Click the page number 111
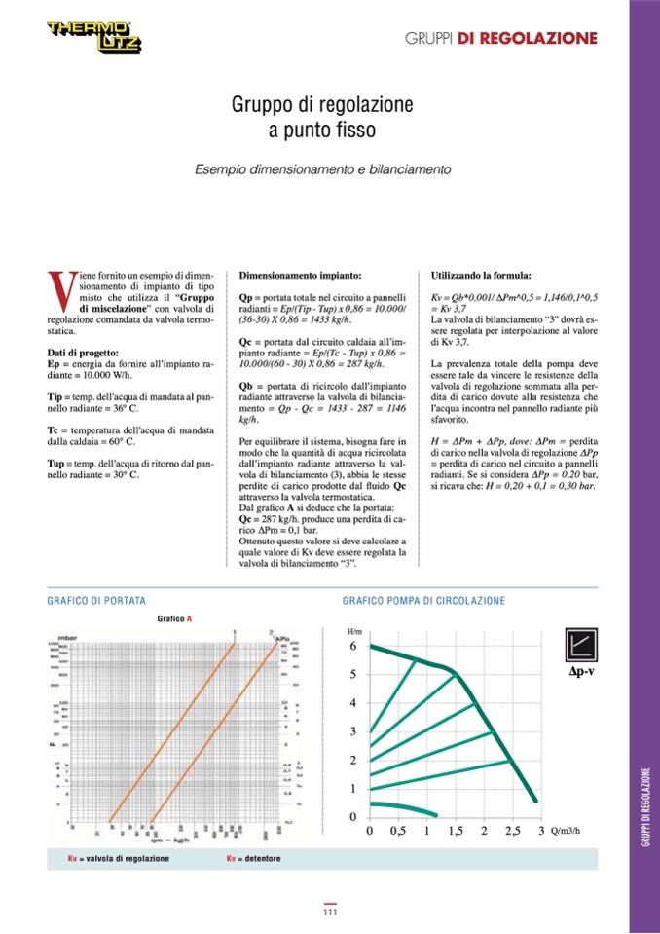[330, 913]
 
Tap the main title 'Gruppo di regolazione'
[322, 104]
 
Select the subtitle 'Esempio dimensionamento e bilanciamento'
[322, 169]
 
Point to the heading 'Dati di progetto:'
[83, 352]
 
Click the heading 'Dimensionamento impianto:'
[300, 276]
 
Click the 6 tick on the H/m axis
[354, 647]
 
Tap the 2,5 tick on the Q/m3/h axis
[512, 832]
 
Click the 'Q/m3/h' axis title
[566, 832]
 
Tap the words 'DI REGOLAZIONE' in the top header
[540, 38]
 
